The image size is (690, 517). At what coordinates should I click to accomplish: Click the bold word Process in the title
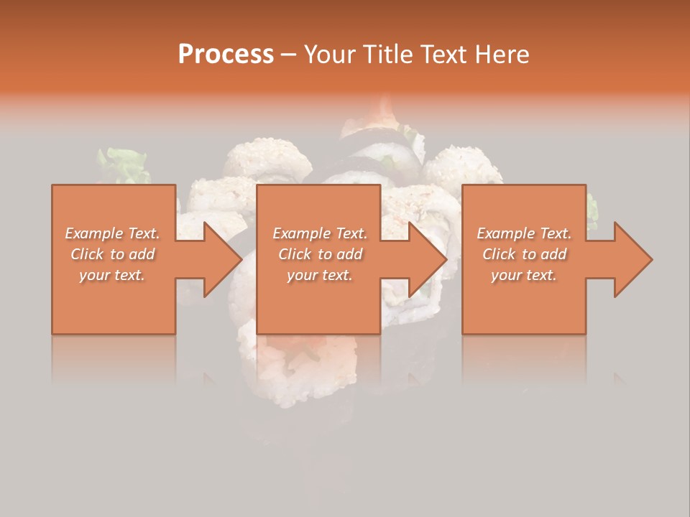coord(226,54)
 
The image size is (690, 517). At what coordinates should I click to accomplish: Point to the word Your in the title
coord(330,54)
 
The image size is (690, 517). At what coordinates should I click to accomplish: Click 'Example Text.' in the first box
coord(112,233)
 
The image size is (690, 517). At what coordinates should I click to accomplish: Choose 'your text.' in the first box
coord(112,274)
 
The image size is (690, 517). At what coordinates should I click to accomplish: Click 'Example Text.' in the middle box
coord(319,233)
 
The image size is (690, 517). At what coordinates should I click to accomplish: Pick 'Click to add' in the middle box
coord(319,254)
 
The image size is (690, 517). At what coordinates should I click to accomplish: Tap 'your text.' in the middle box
coord(319,274)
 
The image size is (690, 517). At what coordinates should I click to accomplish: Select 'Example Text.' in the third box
coord(524,233)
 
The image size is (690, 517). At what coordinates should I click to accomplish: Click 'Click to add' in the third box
coord(524,254)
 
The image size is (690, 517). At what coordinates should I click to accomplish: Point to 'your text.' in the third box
coord(524,274)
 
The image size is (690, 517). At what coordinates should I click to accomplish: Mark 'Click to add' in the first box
coord(112,254)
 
